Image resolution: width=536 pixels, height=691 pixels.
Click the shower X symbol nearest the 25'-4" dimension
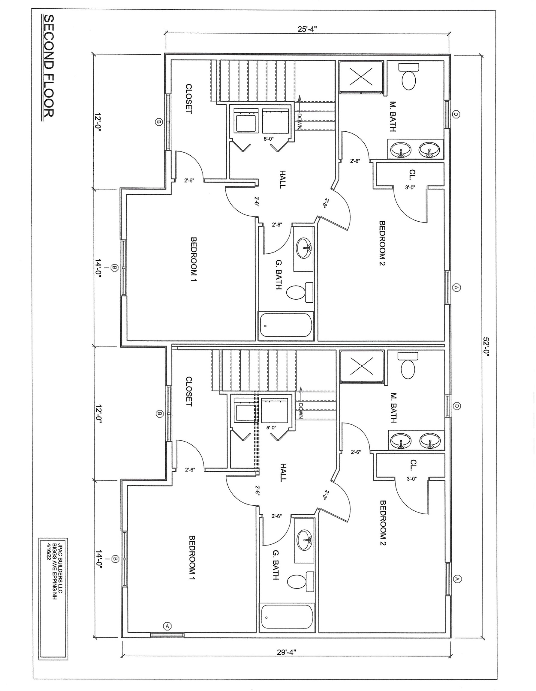tap(361, 76)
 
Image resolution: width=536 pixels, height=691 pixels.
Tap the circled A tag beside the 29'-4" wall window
tap(167, 626)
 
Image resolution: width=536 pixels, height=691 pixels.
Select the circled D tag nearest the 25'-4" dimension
tap(456, 115)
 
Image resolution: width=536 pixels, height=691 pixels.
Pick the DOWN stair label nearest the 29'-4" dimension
tap(300, 411)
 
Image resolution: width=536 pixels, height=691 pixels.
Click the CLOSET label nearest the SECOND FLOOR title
tap(189, 99)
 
